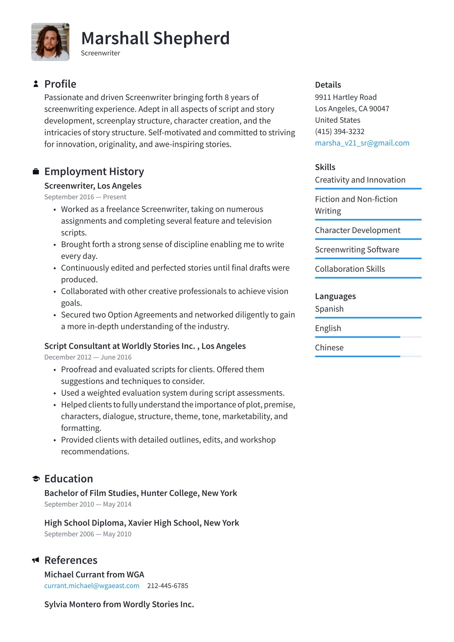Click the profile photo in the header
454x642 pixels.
(x=50, y=42)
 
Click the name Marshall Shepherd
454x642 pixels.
(x=155, y=38)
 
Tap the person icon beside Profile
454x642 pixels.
(x=36, y=84)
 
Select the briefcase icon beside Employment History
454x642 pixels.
(x=36, y=172)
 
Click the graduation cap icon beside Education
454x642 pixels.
(x=36, y=479)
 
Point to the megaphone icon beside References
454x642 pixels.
(x=36, y=560)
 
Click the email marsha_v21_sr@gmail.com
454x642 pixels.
(x=362, y=143)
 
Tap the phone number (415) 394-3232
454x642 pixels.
(x=340, y=131)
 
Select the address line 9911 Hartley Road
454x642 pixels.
(x=346, y=97)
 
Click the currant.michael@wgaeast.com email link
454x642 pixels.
(x=92, y=586)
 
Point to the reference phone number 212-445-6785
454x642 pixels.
(x=167, y=586)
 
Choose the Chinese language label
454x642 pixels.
(x=329, y=347)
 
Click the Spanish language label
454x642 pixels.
(x=329, y=309)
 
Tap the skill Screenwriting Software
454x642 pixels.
(x=357, y=250)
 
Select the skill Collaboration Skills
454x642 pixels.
(x=350, y=269)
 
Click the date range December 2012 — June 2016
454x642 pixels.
(x=88, y=357)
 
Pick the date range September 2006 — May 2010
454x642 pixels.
(x=88, y=534)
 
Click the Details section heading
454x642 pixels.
(x=328, y=85)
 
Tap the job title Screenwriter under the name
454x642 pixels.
(x=100, y=53)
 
